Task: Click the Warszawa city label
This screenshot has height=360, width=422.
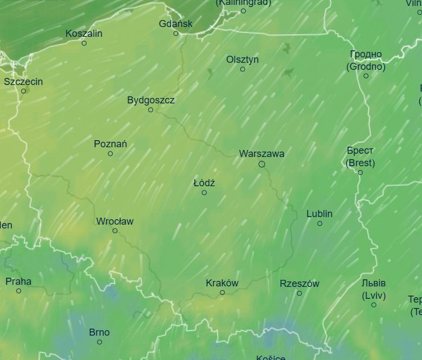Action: point(261,154)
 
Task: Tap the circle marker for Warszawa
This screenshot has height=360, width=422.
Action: point(262,164)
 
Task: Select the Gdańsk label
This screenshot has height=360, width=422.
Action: point(176,24)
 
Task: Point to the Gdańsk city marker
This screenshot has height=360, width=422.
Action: point(176,34)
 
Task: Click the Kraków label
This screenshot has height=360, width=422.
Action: point(222,283)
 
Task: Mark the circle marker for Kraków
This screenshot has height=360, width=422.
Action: point(222,293)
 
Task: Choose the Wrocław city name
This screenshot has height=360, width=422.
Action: point(115,221)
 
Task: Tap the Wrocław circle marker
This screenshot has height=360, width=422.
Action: point(115,231)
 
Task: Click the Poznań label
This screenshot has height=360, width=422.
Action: point(110,144)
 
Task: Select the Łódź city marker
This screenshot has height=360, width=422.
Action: point(204,193)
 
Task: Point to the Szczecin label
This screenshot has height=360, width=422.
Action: point(23,82)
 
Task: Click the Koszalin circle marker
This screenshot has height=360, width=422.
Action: point(84,43)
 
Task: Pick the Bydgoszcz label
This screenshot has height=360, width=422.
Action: point(151,100)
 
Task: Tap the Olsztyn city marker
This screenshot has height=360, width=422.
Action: point(242,69)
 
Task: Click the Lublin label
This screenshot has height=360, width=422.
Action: point(319,214)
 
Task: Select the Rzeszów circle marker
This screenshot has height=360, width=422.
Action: point(299,293)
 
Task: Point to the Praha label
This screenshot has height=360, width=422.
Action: point(18,282)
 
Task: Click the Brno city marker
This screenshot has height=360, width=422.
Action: point(100,342)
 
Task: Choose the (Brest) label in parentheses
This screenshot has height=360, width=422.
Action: point(360,163)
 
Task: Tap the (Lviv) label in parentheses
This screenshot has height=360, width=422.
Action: point(373,296)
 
